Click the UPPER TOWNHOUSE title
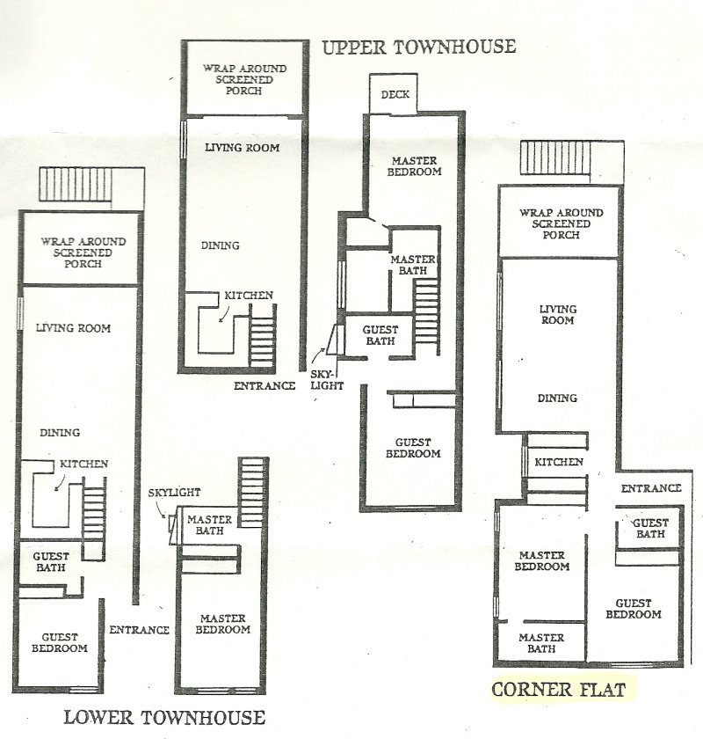[418, 48]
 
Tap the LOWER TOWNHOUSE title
[164, 717]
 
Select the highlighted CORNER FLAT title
[558, 690]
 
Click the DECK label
[395, 94]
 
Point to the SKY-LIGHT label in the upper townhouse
[326, 380]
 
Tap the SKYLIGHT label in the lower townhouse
[174, 493]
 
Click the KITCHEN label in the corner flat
[559, 462]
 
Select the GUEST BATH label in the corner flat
[650, 529]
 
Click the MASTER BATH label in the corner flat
[541, 643]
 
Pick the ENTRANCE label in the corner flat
[651, 488]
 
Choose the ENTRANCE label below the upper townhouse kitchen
[265, 386]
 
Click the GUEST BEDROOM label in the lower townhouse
[60, 643]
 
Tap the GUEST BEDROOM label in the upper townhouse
[413, 448]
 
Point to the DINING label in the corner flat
[557, 399]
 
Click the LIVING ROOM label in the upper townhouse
[242, 148]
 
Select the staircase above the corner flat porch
[555, 157]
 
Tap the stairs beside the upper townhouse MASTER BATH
[426, 317]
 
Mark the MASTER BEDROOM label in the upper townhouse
[415, 166]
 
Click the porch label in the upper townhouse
[244, 80]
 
